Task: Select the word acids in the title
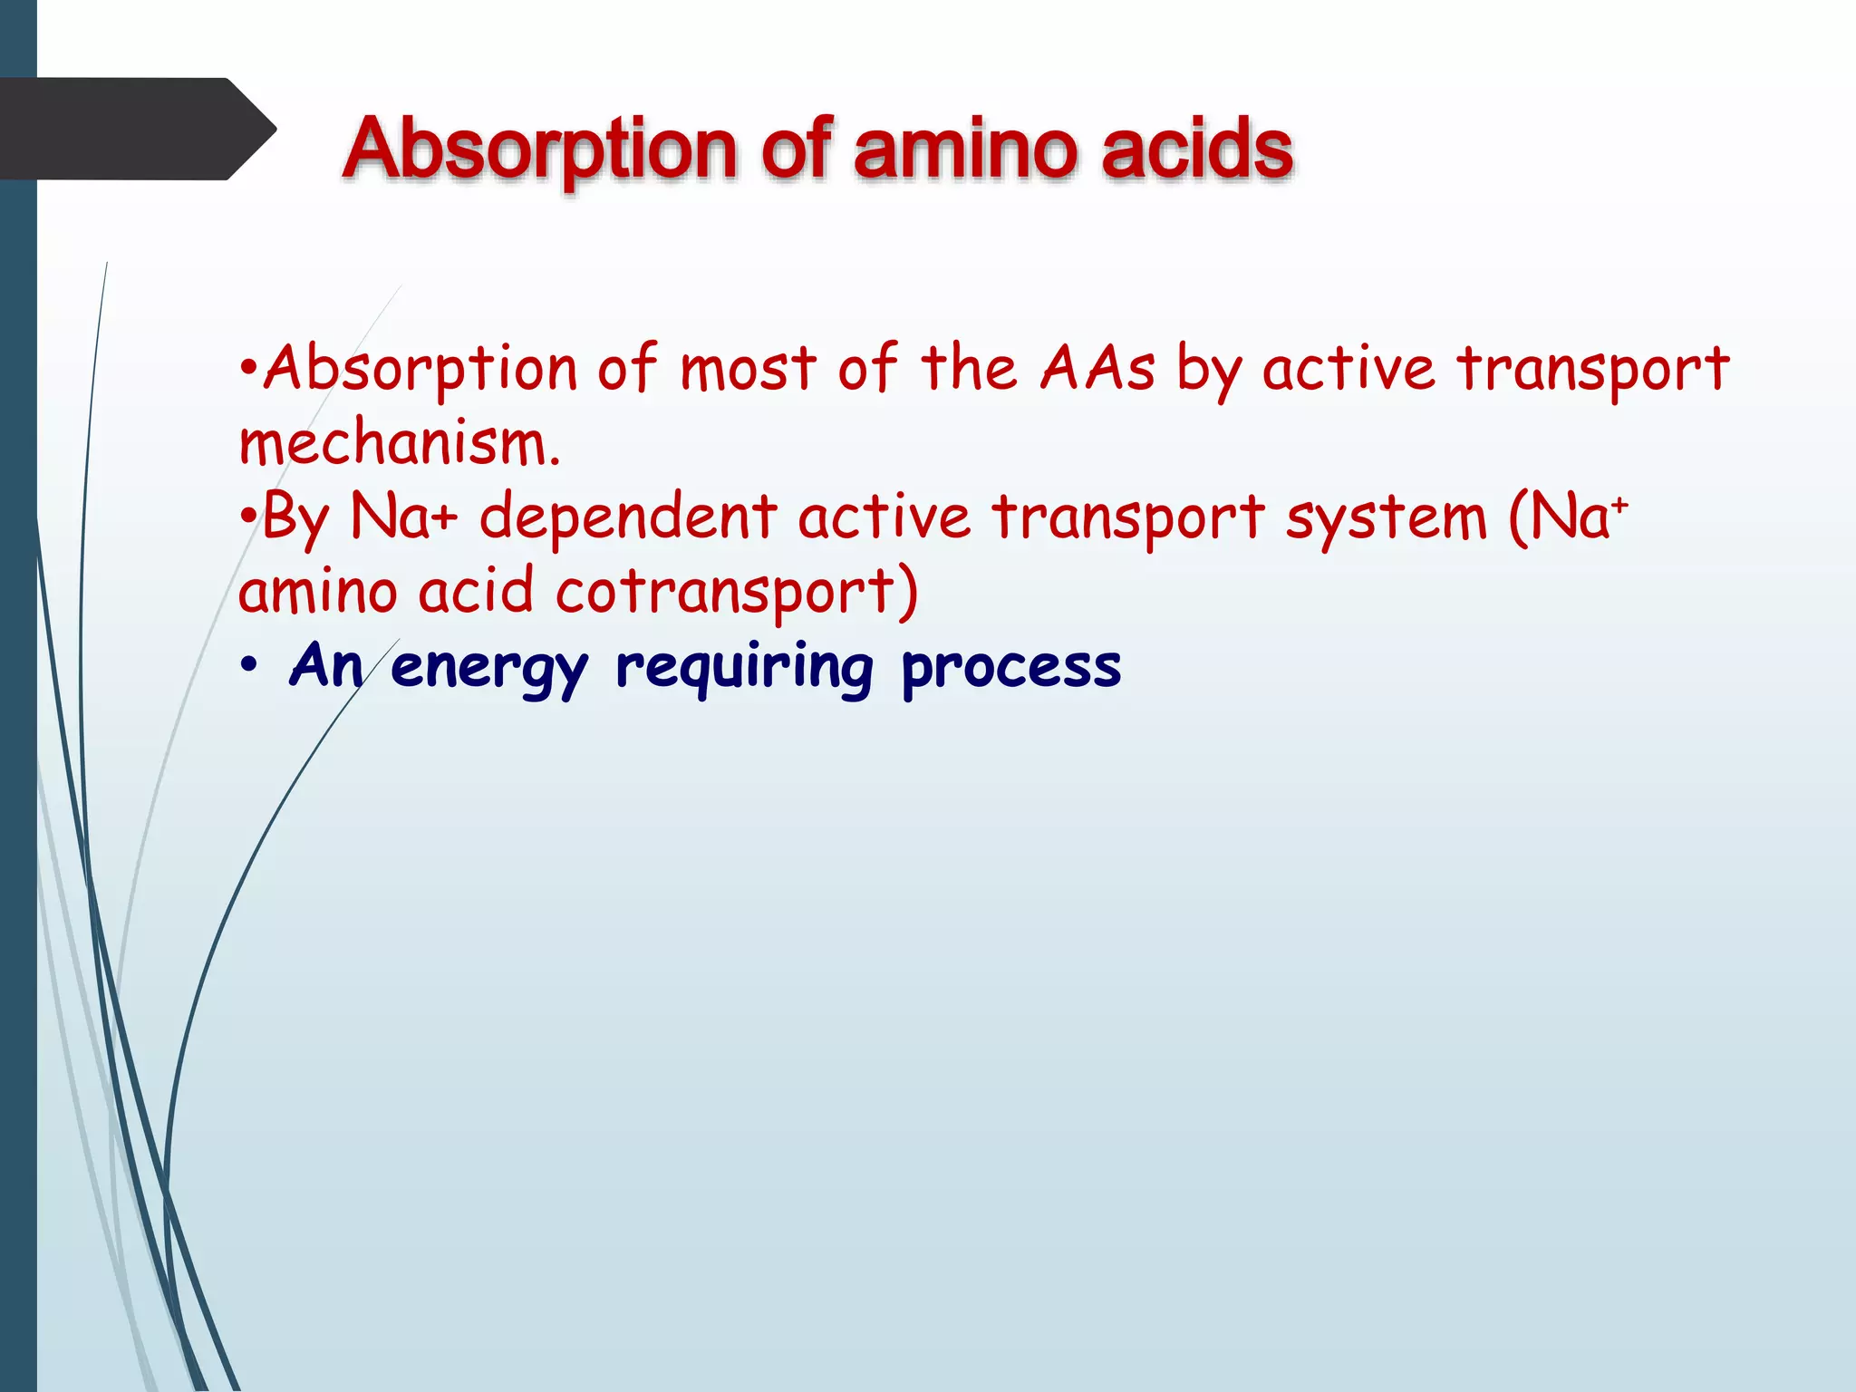pos(1197,149)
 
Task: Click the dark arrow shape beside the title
pos(136,129)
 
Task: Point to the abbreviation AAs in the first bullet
pos(1097,369)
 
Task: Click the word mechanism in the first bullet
pos(399,445)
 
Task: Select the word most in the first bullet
pos(749,369)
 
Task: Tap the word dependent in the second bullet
pos(627,517)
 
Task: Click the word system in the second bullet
pos(1386,519)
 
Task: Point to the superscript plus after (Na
pos(1619,504)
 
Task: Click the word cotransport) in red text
pos(736,592)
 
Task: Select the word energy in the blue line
pos(489,668)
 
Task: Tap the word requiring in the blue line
pos(744,668)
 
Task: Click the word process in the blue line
pos(1010,668)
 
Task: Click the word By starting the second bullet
pos(295,519)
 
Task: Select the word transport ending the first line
pos(1593,371)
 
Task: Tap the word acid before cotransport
pos(475,592)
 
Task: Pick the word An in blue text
pos(325,666)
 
